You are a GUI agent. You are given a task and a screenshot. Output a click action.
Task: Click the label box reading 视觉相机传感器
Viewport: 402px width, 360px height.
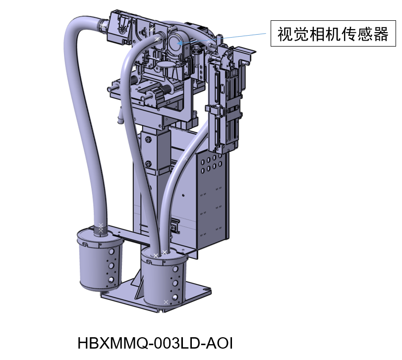(333, 33)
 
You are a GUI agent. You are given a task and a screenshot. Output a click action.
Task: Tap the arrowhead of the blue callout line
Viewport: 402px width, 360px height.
(180, 43)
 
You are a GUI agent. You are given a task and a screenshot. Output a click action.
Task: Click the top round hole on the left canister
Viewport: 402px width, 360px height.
(111, 252)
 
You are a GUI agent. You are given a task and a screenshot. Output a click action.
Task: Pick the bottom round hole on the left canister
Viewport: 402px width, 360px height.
(111, 280)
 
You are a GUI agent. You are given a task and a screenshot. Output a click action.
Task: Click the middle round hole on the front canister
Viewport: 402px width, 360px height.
(175, 283)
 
